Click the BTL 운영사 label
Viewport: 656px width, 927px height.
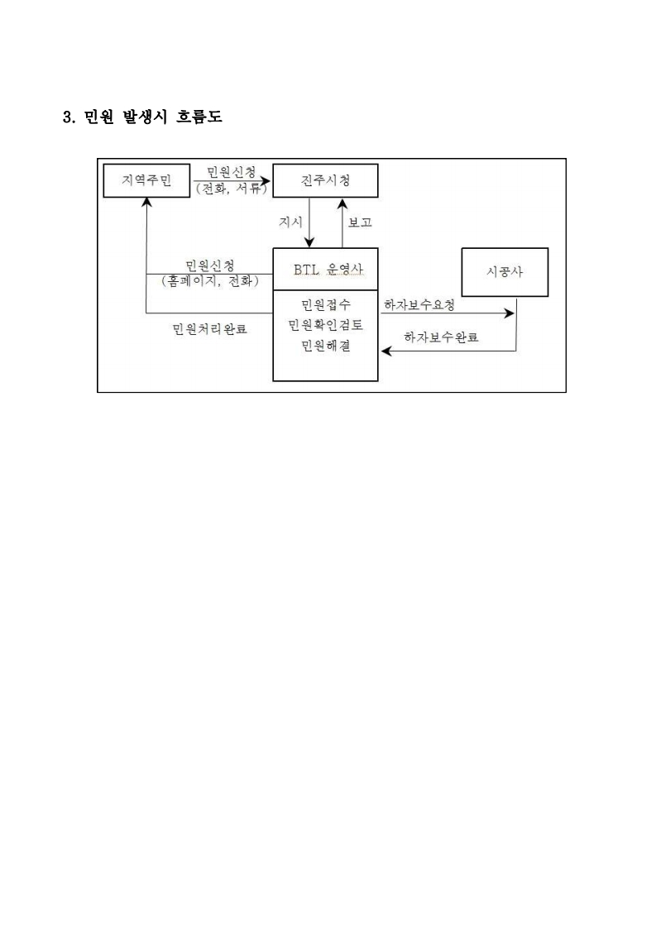point(328,270)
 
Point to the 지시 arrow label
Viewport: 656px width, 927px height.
point(290,222)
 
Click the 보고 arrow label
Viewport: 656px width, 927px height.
point(360,222)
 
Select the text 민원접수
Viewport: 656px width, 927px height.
point(325,305)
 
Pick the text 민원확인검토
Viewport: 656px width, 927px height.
point(325,325)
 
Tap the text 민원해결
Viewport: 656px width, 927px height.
point(325,346)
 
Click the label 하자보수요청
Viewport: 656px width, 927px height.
point(419,305)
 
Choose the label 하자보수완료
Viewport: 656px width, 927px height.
point(441,337)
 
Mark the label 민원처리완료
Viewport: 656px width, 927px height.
point(209,328)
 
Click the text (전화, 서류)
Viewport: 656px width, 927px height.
point(232,189)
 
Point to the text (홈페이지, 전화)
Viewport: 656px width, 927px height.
point(210,281)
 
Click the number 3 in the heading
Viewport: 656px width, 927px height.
point(68,117)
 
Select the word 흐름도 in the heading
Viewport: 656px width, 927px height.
point(199,117)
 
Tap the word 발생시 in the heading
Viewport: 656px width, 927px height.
point(145,117)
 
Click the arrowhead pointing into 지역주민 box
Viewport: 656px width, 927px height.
point(146,203)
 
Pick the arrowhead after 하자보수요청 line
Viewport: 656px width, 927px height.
point(510,313)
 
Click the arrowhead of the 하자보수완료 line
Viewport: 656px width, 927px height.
point(386,351)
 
